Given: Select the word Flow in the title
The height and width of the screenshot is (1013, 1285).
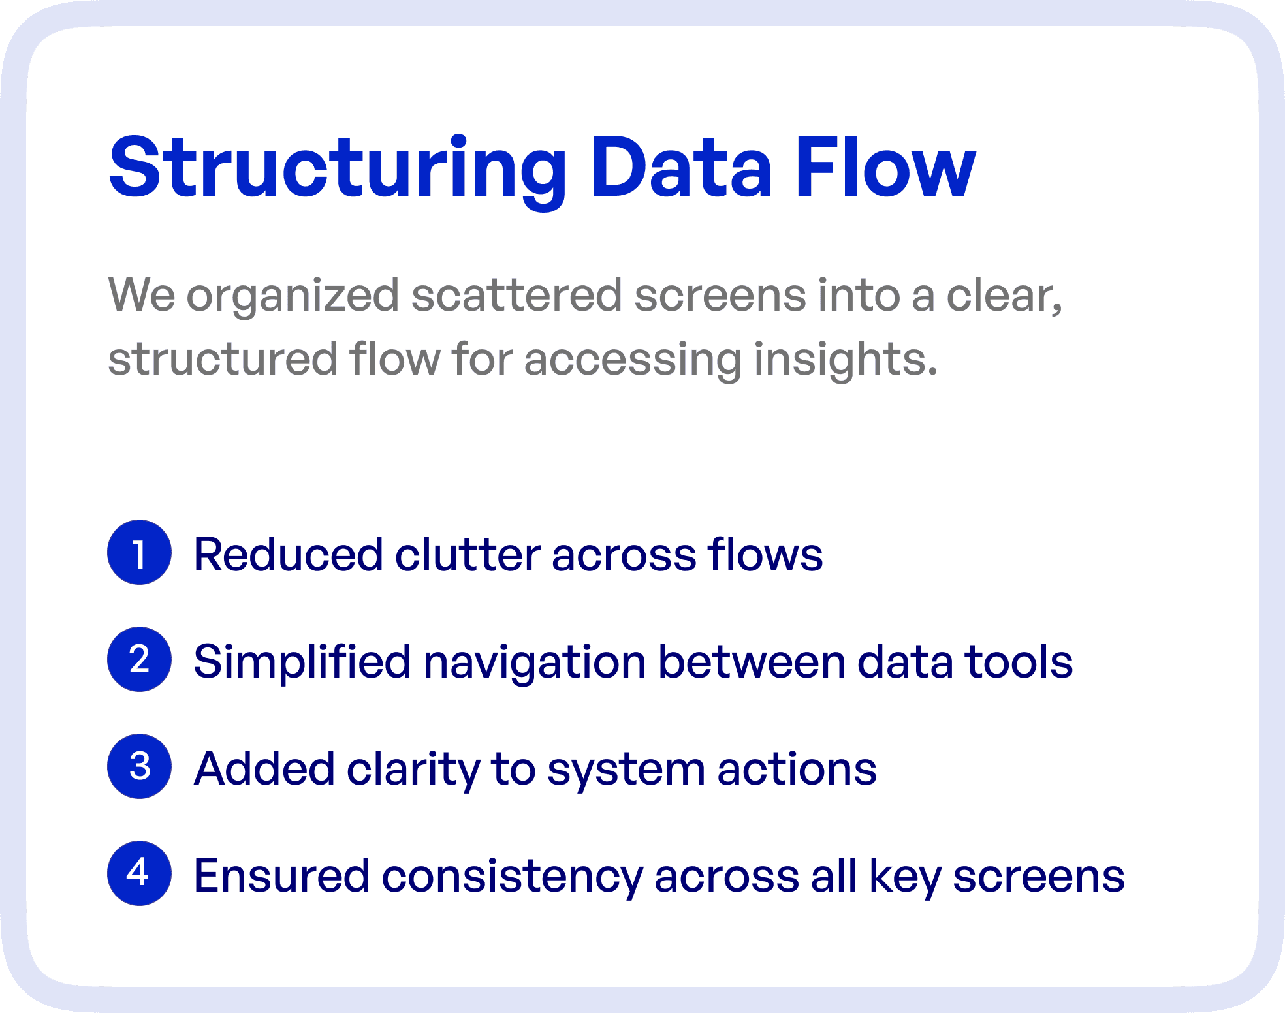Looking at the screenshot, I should tap(885, 168).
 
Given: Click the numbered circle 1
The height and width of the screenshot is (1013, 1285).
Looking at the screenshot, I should tap(139, 553).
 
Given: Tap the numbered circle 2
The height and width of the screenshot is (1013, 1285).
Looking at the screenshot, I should tap(139, 660).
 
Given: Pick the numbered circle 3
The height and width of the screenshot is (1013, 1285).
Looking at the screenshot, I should tap(139, 767).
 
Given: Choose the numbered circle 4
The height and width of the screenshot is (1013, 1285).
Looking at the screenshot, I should tap(139, 873).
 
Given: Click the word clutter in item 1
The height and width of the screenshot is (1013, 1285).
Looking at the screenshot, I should tap(468, 555).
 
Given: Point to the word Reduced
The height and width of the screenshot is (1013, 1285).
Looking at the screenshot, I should tap(288, 555).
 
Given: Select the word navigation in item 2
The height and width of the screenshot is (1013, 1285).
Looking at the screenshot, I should tap(535, 662).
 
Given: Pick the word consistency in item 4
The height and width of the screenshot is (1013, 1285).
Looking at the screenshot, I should tap(512, 877).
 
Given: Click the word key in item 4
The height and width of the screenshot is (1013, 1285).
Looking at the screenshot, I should tap(905, 877).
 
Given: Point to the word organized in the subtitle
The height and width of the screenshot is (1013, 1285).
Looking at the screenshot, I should tap(293, 296).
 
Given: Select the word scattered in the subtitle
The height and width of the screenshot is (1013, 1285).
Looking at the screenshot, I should tap(516, 295).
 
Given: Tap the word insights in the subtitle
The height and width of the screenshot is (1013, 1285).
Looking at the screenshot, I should tap(845, 360).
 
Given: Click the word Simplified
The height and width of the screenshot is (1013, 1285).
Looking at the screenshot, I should tap(302, 662).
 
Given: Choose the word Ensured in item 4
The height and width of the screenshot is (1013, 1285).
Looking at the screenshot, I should tap(281, 875).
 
